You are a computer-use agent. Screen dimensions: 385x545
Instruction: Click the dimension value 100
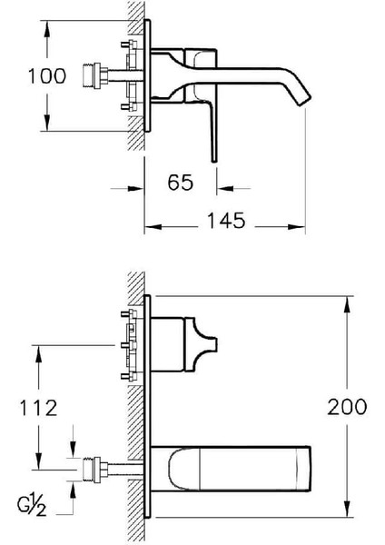[47, 76]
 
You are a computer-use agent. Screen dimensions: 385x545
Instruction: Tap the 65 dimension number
[181, 183]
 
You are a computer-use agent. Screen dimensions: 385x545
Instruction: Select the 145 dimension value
[226, 221]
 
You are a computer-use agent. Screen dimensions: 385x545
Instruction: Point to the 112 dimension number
[38, 408]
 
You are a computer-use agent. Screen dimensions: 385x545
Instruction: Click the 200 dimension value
[347, 406]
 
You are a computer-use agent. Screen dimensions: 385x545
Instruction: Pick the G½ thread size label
[32, 507]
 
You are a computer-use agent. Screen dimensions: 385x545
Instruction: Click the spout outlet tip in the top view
[303, 100]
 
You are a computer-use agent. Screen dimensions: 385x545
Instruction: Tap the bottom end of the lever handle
[214, 161]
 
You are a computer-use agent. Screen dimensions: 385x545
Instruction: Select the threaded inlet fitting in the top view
[92, 75]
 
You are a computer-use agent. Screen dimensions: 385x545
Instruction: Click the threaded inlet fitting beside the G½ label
[92, 470]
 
